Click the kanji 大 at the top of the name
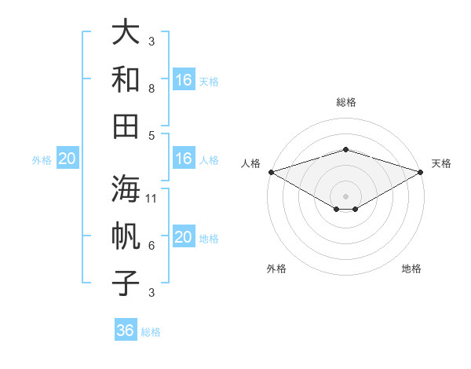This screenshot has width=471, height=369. pyautogui.click(x=126, y=34)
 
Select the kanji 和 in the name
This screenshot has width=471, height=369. pyautogui.click(x=126, y=79)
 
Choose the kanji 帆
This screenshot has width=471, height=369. pyautogui.click(x=126, y=236)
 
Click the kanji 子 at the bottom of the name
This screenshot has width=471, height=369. pyautogui.click(x=126, y=282)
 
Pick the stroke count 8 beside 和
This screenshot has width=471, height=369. pyautogui.click(x=152, y=89)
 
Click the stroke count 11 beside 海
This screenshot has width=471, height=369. pyautogui.click(x=152, y=199)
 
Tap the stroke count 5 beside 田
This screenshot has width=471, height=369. pyautogui.click(x=152, y=135)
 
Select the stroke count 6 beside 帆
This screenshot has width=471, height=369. pyautogui.click(x=152, y=246)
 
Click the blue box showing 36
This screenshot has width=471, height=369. pyautogui.click(x=126, y=331)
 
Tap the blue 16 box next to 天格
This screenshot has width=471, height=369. pyautogui.click(x=184, y=80)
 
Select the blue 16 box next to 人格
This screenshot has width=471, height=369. pyautogui.click(x=184, y=159)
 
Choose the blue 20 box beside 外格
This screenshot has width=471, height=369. pyautogui.click(x=67, y=159)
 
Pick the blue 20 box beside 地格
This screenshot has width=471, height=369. pyautogui.click(x=184, y=238)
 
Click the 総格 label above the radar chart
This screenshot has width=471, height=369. pyautogui.click(x=346, y=102)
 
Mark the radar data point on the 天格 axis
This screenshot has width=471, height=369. pyautogui.click(x=421, y=172)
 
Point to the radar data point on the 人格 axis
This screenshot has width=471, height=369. pyautogui.click(x=271, y=172)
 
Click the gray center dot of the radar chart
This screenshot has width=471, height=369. pyautogui.click(x=346, y=195)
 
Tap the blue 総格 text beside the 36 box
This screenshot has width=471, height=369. pyautogui.click(x=151, y=332)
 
